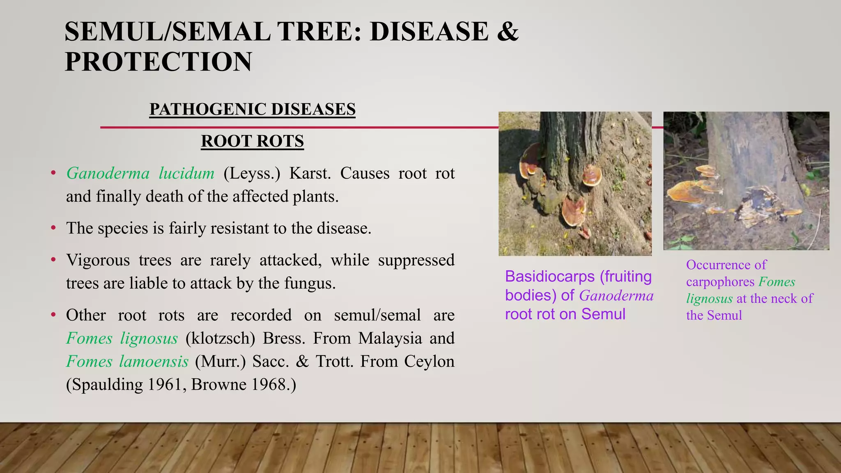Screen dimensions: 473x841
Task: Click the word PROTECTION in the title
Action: [x=159, y=62]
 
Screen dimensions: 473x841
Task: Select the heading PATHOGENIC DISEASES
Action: [x=252, y=109]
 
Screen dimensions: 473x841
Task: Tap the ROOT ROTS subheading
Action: [x=252, y=141]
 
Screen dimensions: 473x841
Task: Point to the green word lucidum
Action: [x=186, y=173]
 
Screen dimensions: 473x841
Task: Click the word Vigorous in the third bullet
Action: [x=98, y=260]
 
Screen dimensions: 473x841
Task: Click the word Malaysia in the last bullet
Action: [x=390, y=338]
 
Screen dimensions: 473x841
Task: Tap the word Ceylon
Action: [x=429, y=361]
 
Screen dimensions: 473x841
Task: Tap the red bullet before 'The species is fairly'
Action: [x=53, y=228]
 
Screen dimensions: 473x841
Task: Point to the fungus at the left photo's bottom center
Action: [x=574, y=211]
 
